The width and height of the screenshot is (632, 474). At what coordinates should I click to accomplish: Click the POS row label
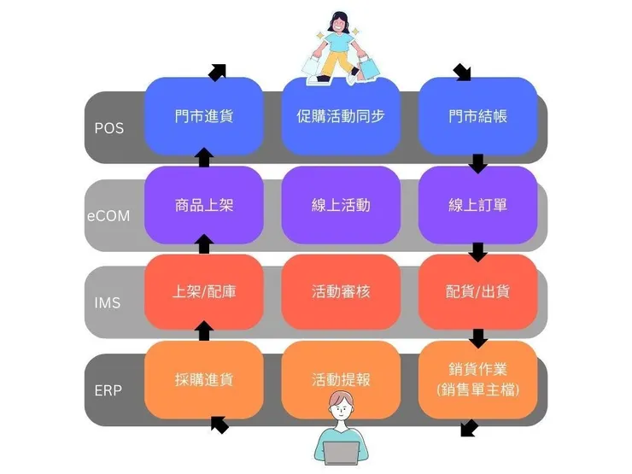108,128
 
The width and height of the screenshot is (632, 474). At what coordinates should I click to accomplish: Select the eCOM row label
108,216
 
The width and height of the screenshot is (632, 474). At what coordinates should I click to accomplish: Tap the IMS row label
108,303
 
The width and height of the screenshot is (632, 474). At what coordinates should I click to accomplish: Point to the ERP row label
108,390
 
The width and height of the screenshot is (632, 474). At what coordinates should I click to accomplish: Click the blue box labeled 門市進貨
204,115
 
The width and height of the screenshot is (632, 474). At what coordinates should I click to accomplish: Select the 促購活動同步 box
341,115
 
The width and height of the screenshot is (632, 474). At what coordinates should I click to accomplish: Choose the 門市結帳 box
477,115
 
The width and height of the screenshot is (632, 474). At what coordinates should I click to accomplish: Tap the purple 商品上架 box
204,205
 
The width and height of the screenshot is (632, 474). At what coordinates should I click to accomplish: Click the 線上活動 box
341,205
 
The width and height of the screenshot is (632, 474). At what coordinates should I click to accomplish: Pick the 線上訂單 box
477,205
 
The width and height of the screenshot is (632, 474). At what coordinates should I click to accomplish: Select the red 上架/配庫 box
204,292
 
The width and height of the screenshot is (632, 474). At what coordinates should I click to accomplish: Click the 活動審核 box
341,292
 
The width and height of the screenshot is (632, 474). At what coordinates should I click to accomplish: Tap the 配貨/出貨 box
477,292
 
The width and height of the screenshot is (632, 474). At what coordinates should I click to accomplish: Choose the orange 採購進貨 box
204,379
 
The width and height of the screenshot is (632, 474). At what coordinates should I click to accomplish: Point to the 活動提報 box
341,379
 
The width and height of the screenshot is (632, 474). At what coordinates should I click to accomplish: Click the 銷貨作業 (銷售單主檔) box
477,379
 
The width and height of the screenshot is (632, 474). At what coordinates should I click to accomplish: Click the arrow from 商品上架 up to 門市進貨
204,157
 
